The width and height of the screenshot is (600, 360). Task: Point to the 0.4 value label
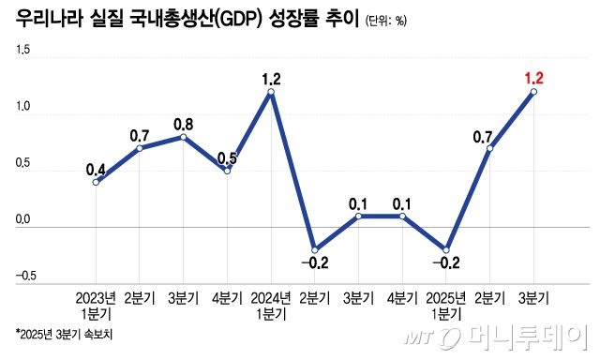(x=96, y=170)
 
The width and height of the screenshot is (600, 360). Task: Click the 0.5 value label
(x=227, y=158)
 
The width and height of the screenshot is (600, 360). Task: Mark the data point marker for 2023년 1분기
(x=96, y=181)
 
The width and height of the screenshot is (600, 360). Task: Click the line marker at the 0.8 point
(x=183, y=137)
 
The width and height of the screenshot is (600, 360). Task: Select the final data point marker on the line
(x=532, y=92)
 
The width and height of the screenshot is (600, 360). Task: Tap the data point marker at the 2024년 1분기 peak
(x=271, y=92)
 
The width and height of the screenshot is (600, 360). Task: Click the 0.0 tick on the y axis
(x=23, y=221)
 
